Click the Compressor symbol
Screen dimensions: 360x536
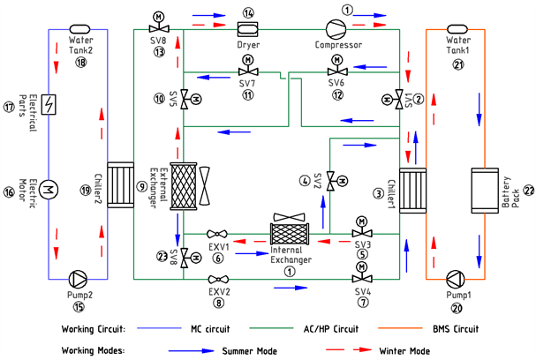pyautogui.click(x=338, y=29)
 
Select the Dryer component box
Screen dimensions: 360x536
pyautogui.click(x=248, y=30)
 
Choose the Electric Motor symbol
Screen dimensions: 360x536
pyautogui.click(x=49, y=188)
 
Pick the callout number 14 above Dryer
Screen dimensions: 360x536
pyautogui.click(x=248, y=12)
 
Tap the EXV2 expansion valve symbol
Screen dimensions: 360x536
pyautogui.click(x=219, y=279)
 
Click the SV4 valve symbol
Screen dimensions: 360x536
pyautogui.click(x=361, y=279)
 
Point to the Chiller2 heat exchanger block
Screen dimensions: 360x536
pyautogui.click(x=117, y=187)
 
